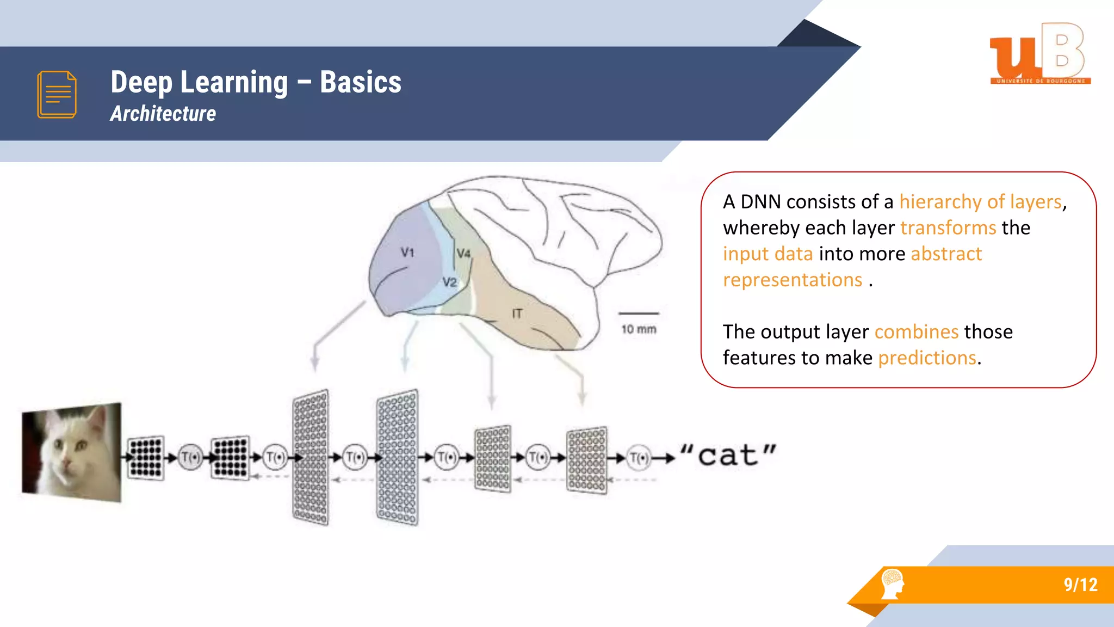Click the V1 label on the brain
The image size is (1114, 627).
tap(407, 252)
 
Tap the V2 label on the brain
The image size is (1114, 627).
tap(449, 282)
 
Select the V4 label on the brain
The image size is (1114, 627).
tap(463, 253)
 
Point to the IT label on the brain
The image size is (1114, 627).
tap(517, 313)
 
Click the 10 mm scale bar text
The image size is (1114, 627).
tap(639, 329)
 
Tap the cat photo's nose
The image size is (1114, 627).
tap(67, 463)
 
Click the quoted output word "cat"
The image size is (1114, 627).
tap(728, 456)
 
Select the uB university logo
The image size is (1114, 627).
tap(1039, 53)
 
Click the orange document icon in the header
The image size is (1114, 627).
tap(57, 94)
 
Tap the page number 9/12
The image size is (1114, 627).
tap(1080, 585)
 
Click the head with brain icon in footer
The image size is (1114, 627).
tap(892, 584)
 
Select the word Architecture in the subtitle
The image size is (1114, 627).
tap(163, 114)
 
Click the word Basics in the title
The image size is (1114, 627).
tap(360, 82)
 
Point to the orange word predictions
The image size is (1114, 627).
tap(927, 358)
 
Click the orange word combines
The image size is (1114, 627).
tap(916, 331)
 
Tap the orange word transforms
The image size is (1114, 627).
tap(948, 228)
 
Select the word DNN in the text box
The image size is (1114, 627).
tap(760, 202)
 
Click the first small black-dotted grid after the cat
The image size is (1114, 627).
tap(146, 457)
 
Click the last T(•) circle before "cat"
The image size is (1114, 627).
tap(639, 458)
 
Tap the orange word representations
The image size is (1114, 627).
tap(792, 280)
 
